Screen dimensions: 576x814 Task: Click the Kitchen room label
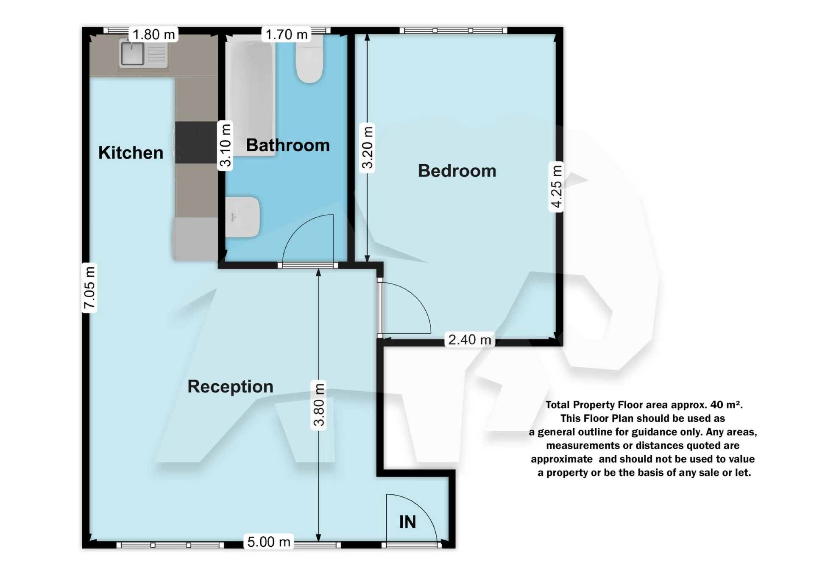(x=131, y=152)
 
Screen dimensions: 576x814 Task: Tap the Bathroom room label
(x=287, y=145)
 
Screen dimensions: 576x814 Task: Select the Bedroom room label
(x=457, y=171)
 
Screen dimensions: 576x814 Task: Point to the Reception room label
(x=230, y=386)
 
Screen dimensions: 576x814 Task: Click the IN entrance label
(x=407, y=522)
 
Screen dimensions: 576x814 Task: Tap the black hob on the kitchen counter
(x=196, y=142)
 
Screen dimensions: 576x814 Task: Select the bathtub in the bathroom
(x=250, y=97)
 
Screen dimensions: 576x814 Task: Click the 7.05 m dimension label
(x=89, y=288)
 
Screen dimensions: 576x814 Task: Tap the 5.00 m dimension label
(x=269, y=542)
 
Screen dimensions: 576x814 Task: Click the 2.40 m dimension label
(x=469, y=339)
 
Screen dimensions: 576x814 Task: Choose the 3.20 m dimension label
(x=367, y=147)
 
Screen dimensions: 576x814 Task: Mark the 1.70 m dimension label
(x=287, y=34)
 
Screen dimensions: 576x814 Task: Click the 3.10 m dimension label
(x=225, y=146)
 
